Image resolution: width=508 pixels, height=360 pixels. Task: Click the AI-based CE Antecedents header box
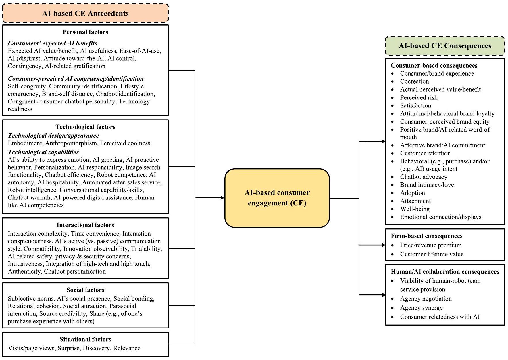[85, 14]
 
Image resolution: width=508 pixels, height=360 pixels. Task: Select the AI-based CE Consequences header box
[445, 46]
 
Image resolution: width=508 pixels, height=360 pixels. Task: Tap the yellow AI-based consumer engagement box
[277, 198]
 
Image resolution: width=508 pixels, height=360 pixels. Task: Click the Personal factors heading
[85, 32]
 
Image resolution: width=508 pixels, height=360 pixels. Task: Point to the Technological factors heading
[85, 127]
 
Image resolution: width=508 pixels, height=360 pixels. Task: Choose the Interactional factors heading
[85, 225]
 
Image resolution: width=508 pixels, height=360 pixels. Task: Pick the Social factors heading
[85, 290]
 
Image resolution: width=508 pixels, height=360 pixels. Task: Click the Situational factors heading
[85, 339]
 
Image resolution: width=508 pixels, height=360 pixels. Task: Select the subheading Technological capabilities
[43, 152]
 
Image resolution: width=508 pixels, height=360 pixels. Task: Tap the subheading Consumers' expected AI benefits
[52, 43]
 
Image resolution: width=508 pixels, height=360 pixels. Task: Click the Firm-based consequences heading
[426, 236]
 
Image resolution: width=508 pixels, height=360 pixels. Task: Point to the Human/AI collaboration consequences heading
[445, 272]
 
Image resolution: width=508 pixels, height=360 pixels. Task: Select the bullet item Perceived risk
[419, 97]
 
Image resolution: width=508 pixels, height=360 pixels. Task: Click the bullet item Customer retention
[425, 153]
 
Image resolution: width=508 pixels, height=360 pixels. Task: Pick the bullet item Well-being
[415, 209]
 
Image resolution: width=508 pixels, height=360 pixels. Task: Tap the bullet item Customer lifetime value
[432, 254]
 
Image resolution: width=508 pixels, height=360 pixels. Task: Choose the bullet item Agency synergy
[421, 308]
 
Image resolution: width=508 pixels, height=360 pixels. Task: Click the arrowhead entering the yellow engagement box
[222, 198]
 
